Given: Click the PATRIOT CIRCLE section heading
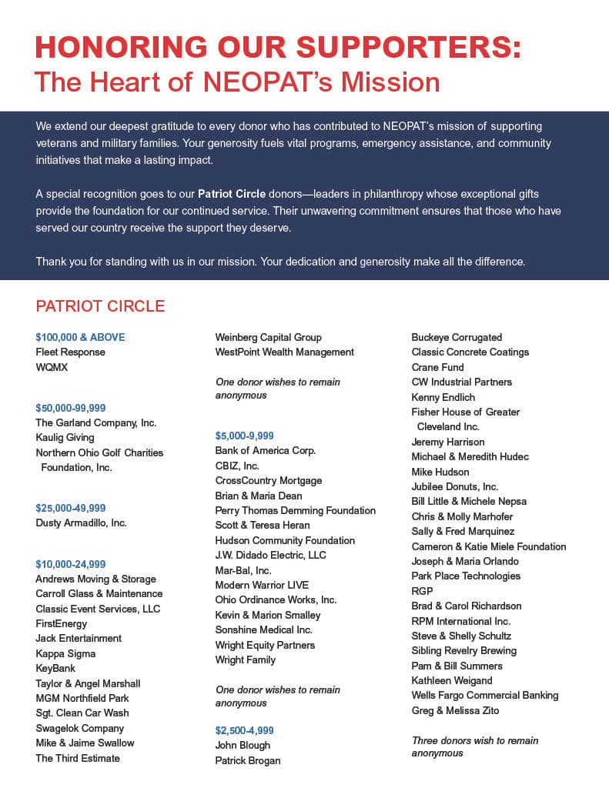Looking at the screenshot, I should [x=100, y=306].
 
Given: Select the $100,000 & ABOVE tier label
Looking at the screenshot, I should [x=80, y=337].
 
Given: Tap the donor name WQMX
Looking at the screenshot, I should [x=52, y=367].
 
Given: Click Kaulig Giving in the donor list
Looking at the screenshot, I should [x=65, y=438].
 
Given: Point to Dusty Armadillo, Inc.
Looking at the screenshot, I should [x=81, y=523].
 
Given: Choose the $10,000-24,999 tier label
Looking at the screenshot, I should [x=71, y=564].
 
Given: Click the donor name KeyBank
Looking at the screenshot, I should [x=55, y=669].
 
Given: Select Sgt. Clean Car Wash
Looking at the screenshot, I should [x=82, y=713].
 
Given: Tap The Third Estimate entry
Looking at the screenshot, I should [x=78, y=758].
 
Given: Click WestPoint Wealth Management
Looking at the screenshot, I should [x=285, y=352].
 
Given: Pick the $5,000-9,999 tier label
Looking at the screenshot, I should [x=245, y=436].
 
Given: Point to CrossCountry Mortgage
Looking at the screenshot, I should [x=269, y=480].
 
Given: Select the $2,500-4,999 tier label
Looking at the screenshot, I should [x=245, y=730].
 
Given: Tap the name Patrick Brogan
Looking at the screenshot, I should [x=248, y=760].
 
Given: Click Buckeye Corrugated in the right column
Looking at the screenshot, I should [x=457, y=337].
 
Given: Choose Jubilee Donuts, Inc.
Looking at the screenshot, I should [x=455, y=486].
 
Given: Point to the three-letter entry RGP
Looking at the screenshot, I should [x=423, y=591].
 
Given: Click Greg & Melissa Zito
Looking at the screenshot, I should [x=455, y=710].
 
